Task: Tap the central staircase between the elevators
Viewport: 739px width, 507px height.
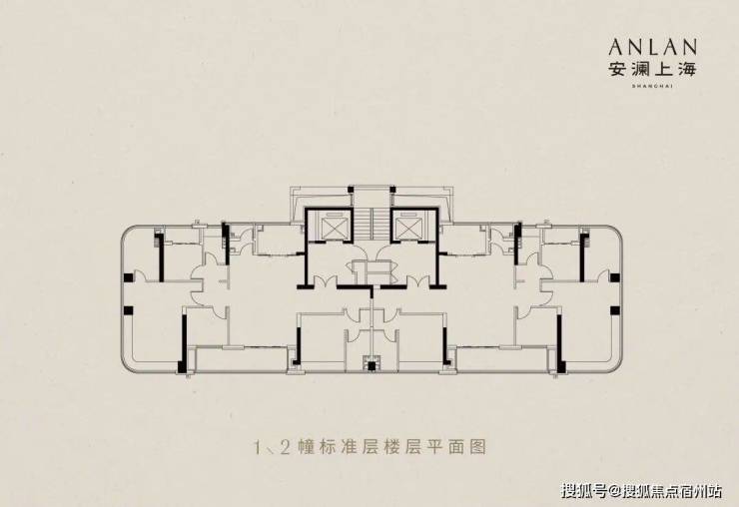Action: pyautogui.click(x=371, y=225)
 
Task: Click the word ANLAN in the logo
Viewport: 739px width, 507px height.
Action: pyautogui.click(x=653, y=47)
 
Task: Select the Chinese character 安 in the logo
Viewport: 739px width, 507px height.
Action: pyautogui.click(x=618, y=69)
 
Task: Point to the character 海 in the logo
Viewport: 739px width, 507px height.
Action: pyautogui.click(x=687, y=69)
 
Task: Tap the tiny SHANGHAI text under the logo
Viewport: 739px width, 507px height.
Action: pyautogui.click(x=653, y=86)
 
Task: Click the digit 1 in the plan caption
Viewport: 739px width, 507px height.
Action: pyautogui.click(x=258, y=447)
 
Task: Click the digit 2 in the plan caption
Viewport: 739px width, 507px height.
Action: pyautogui.click(x=285, y=447)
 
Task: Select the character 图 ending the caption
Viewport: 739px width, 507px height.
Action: pyautogui.click(x=477, y=447)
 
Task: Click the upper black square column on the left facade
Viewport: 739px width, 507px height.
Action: pyautogui.click(x=128, y=277)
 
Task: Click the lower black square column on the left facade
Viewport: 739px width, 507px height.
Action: pyautogui.click(x=128, y=310)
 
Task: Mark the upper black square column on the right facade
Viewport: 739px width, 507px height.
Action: pyautogui.click(x=614, y=277)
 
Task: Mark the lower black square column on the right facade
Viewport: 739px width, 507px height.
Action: pyautogui.click(x=614, y=310)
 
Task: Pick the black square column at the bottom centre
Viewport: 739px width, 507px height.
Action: pyautogui.click(x=371, y=365)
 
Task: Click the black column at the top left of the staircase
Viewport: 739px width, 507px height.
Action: pyautogui.click(x=351, y=189)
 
